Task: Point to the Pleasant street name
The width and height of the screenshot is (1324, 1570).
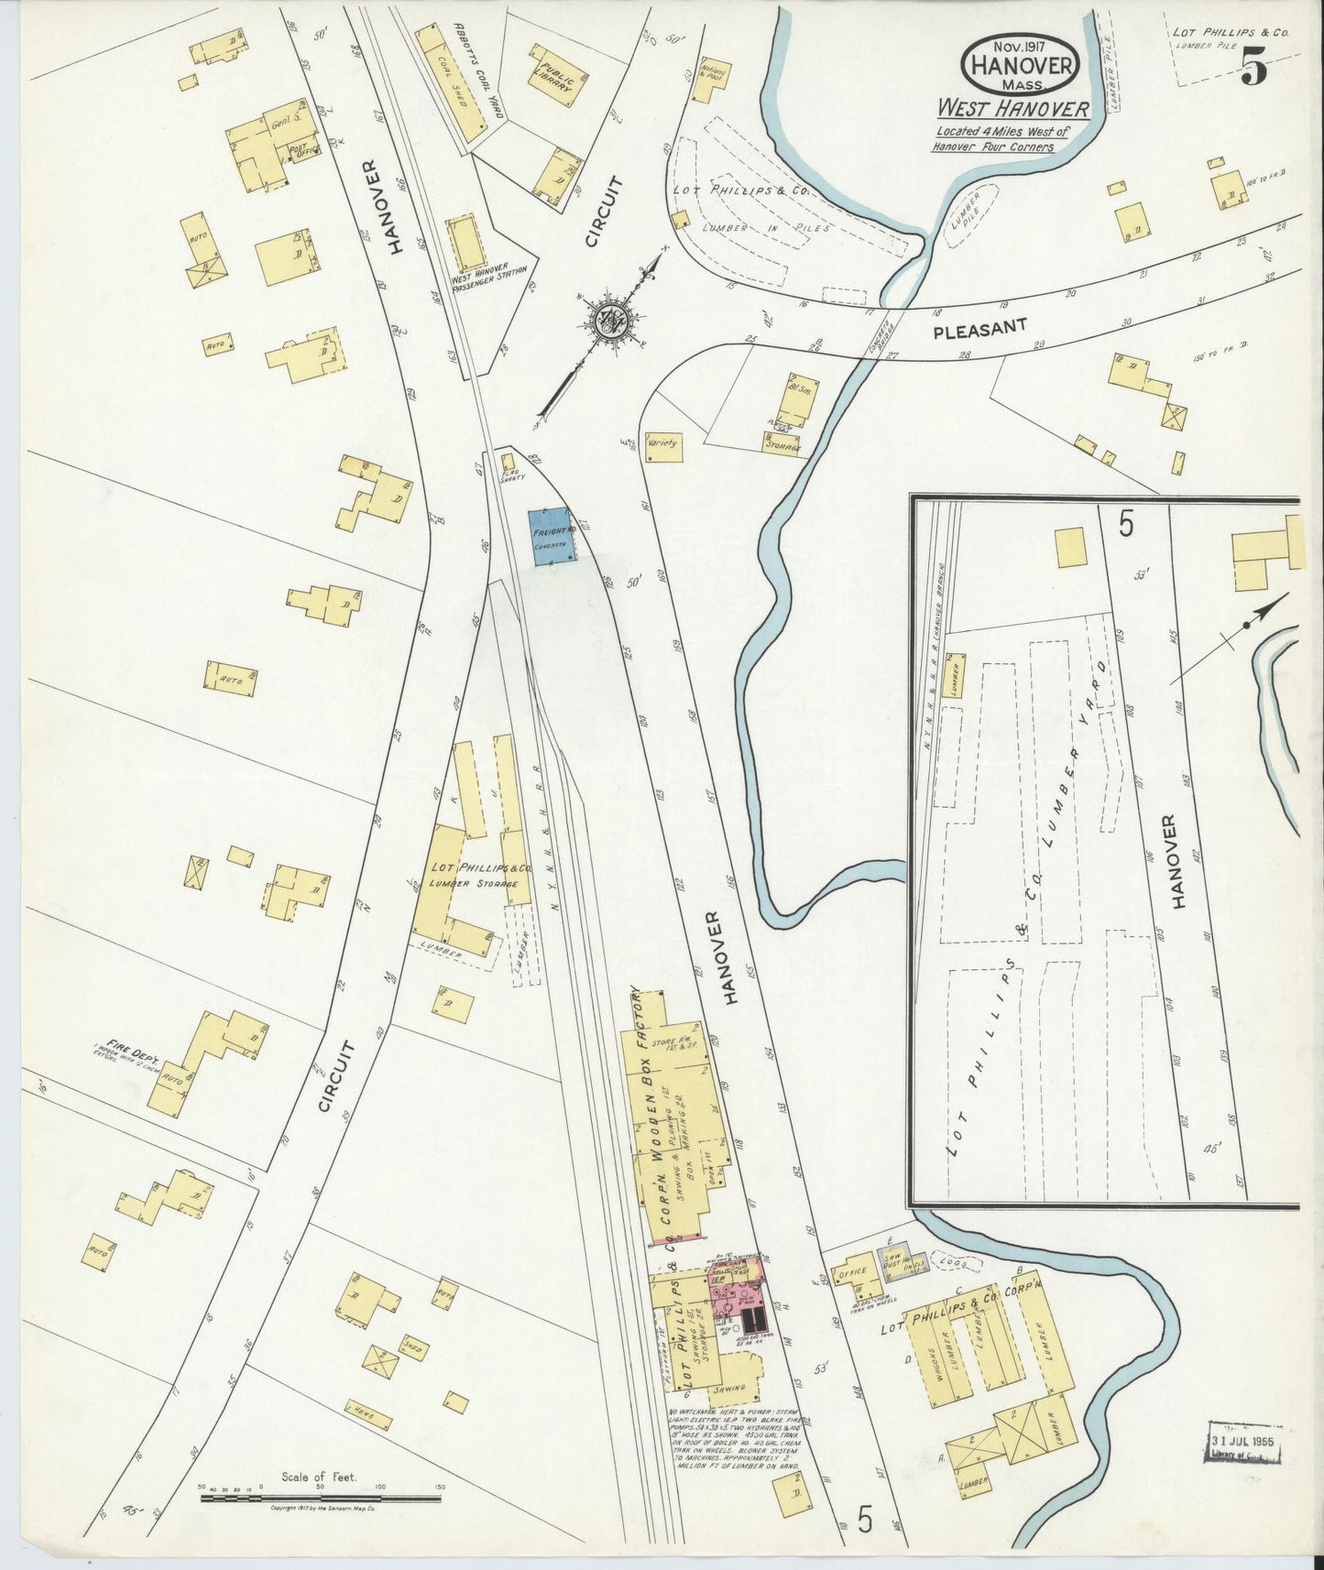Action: (x=979, y=329)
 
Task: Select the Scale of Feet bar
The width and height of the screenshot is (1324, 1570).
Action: (x=321, y=1499)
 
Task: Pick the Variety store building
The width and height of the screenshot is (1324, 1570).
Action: (x=662, y=446)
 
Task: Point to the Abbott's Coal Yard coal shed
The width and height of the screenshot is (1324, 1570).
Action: (x=451, y=82)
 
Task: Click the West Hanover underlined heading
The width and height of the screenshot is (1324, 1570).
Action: (x=1012, y=109)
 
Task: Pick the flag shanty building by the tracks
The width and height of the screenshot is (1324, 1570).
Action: (x=508, y=462)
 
